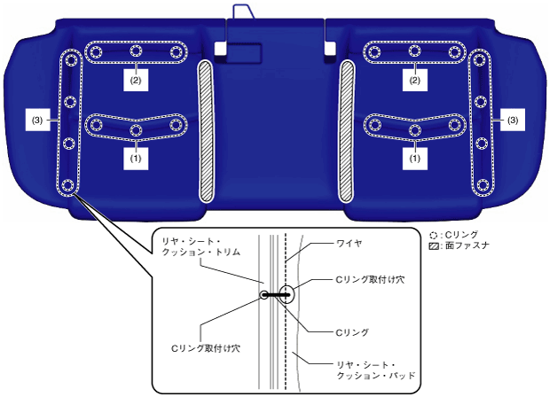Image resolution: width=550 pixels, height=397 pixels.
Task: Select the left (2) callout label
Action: (x=136, y=79)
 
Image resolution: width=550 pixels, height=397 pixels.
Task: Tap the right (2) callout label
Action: (x=413, y=79)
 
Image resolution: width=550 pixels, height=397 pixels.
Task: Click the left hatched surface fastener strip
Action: (x=205, y=130)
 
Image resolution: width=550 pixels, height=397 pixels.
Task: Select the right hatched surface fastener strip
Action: (x=346, y=130)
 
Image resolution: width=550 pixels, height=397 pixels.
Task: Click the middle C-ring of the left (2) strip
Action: (x=136, y=51)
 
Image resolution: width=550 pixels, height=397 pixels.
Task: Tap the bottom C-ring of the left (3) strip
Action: (x=68, y=186)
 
